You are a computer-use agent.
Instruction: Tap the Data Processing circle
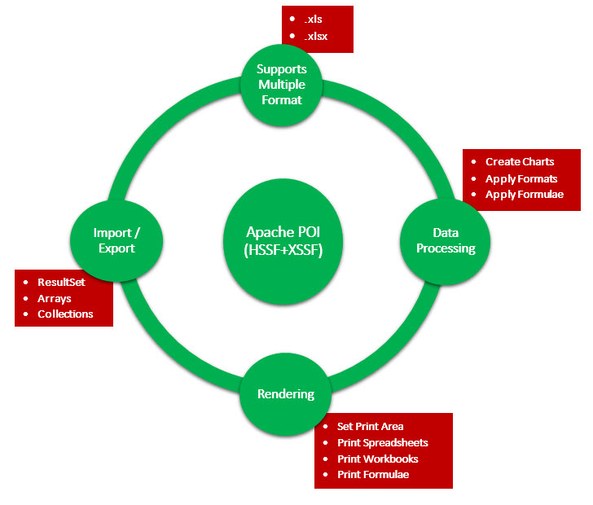pos(445,239)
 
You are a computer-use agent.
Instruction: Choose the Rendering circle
pos(285,394)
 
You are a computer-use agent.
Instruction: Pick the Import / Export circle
pos(116,240)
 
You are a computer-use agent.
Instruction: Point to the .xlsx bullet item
pos(316,36)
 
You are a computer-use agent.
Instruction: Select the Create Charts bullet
pos(520,162)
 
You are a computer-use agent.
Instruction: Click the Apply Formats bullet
pos(521,178)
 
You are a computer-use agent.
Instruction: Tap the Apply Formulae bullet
pos(524,195)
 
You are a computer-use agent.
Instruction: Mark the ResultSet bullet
pos(61,282)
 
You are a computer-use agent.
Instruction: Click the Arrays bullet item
pos(55,298)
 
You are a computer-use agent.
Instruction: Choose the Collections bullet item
pos(65,314)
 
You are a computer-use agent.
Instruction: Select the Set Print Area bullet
pos(370,426)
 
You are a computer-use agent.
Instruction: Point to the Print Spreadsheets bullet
pos(382,442)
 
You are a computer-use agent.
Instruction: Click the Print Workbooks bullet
pos(378,459)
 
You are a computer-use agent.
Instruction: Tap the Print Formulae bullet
pos(373,475)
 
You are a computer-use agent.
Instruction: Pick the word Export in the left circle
pos(116,249)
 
